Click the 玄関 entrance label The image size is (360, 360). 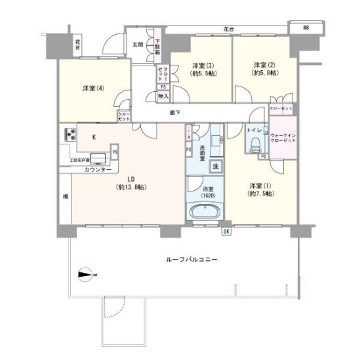coord(138,45)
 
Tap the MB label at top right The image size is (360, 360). coord(306,28)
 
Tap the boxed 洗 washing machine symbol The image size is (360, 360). coord(215,166)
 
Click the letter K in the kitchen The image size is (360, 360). coord(94,137)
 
